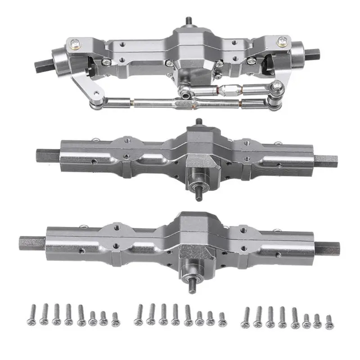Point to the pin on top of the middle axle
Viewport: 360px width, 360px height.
point(198,122)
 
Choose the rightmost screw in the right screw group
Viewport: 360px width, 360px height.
point(328,321)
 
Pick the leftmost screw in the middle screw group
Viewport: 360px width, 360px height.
point(139,314)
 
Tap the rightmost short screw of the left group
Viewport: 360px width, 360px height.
point(115,319)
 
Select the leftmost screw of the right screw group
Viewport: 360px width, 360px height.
point(246,316)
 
